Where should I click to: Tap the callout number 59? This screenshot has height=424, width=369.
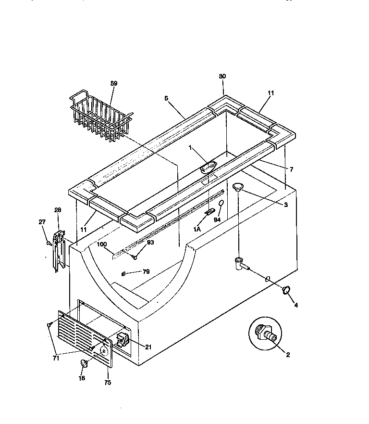[114, 83]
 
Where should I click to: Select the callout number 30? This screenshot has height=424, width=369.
[222, 77]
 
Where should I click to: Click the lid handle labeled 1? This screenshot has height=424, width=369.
[208, 167]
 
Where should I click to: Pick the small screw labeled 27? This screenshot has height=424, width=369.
[49, 244]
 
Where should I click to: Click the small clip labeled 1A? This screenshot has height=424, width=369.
[209, 212]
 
